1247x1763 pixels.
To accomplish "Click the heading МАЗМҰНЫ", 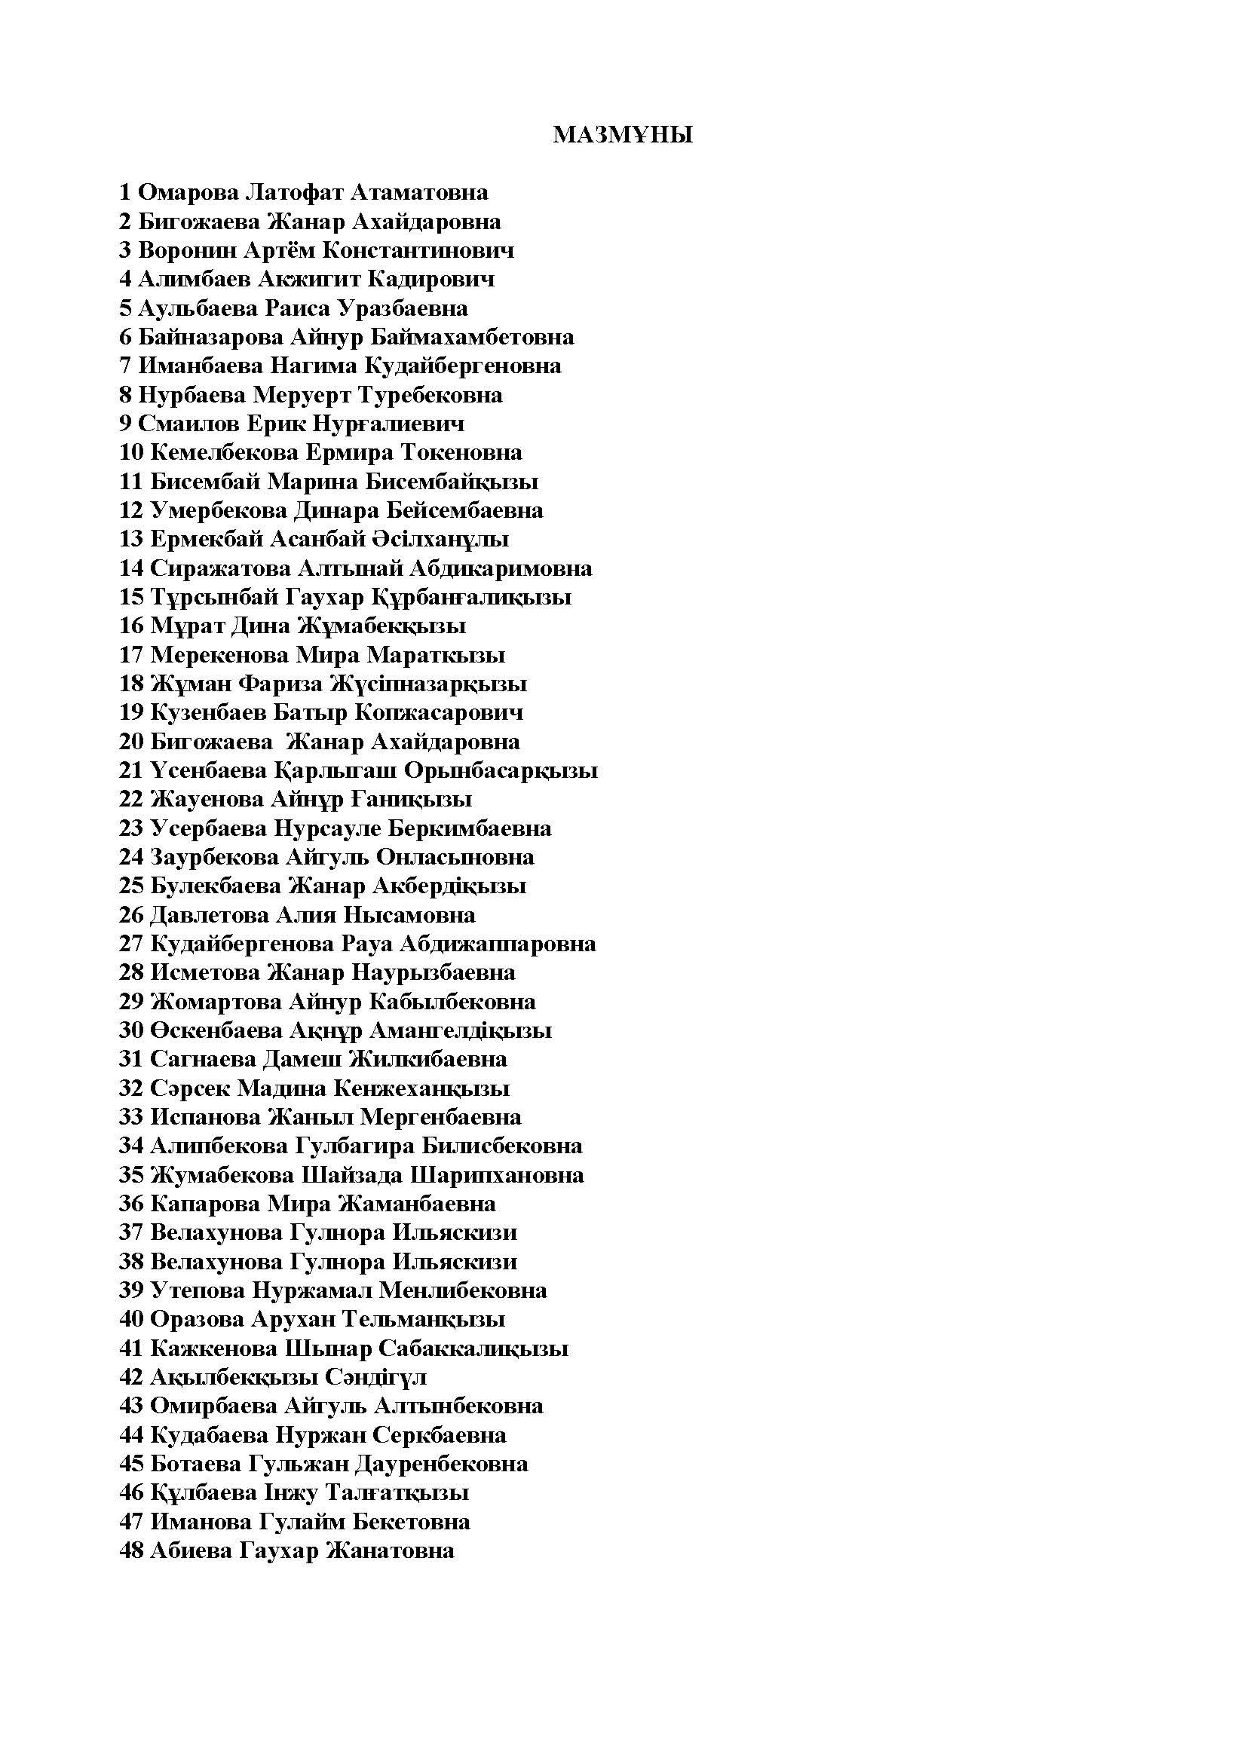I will point(623,136).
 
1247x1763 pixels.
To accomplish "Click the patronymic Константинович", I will point(418,250).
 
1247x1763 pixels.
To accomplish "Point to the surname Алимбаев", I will point(195,279).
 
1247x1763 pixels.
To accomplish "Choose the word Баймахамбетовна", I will point(472,337).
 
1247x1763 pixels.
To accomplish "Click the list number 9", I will point(125,424).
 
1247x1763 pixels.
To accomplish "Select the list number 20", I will point(131,742).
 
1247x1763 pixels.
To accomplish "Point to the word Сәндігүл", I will point(375,1378).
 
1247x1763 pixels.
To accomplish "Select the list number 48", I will point(131,1551).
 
